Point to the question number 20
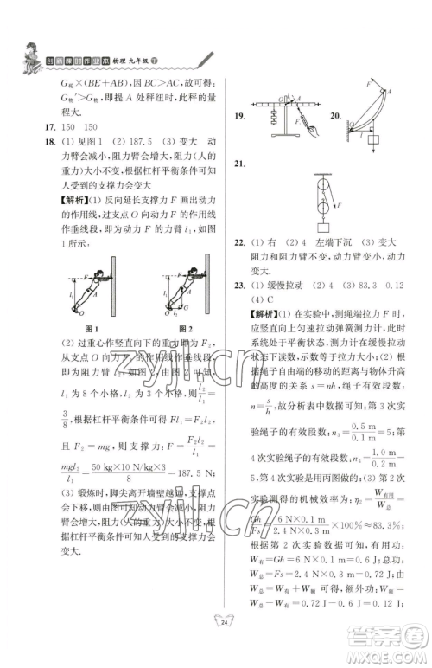pyautogui.click(x=335, y=115)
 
